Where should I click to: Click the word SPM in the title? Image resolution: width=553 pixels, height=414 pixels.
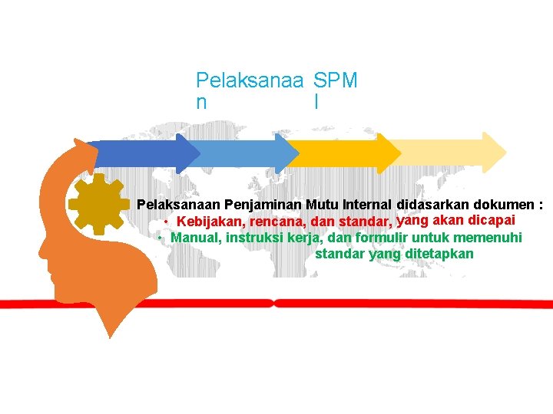pyautogui.click(x=336, y=80)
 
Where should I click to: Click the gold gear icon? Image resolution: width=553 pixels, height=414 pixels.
pyautogui.click(x=98, y=202)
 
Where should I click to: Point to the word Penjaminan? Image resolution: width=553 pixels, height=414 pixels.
pyautogui.click(x=263, y=205)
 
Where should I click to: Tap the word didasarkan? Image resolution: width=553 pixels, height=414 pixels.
pyautogui.click(x=431, y=205)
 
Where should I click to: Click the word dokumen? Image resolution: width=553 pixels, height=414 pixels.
pyautogui.click(x=503, y=205)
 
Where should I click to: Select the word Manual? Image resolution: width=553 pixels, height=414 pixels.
pyautogui.click(x=196, y=238)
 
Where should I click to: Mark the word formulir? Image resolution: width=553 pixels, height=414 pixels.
pyautogui.click(x=382, y=238)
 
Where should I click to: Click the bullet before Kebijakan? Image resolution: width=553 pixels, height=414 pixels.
pyautogui.click(x=167, y=222)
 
